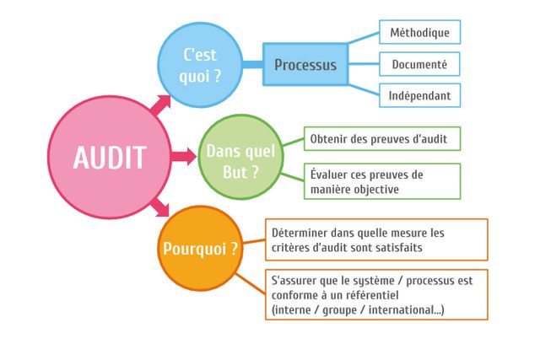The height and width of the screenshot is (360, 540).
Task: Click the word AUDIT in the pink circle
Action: pyautogui.click(x=110, y=158)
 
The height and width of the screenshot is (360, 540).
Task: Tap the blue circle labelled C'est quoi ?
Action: pyautogui.click(x=200, y=65)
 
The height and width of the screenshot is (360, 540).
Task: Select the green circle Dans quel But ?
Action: pyautogui.click(x=240, y=157)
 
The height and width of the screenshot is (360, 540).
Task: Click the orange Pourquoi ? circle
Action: pyautogui.click(x=200, y=248)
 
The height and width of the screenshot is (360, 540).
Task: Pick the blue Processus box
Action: pyautogui.click(x=305, y=64)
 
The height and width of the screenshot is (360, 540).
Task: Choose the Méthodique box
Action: pyautogui.click(x=420, y=32)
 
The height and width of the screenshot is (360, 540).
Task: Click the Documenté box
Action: pyautogui.click(x=419, y=64)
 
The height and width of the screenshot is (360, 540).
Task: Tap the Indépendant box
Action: pyautogui.click(x=420, y=95)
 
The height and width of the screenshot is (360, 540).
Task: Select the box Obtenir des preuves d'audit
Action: pyautogui.click(x=382, y=139)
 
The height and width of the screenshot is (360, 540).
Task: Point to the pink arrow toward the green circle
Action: pyautogui.click(x=184, y=157)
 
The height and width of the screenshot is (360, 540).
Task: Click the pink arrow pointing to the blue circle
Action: pyautogui.click(x=161, y=105)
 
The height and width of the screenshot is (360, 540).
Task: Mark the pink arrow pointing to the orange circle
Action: pyautogui.click(x=160, y=207)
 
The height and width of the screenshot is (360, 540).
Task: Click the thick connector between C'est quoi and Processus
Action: pyautogui.click(x=253, y=64)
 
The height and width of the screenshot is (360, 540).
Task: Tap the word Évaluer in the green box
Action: pyautogui.click(x=328, y=175)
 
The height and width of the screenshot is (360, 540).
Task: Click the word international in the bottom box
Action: pyautogui.click(x=402, y=309)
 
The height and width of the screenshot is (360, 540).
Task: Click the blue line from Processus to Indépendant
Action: pyautogui.click(x=364, y=90)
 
